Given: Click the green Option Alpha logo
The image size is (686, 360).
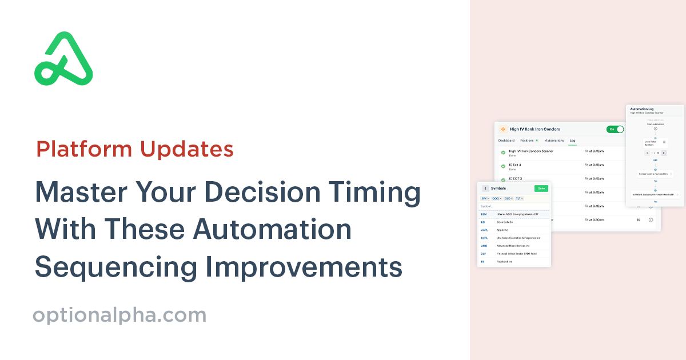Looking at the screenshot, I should click(x=63, y=59).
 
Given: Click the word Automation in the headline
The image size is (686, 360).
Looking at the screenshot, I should click(x=272, y=230).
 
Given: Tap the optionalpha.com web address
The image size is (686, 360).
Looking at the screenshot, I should click(x=119, y=315).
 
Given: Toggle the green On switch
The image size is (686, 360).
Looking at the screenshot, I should click(x=615, y=129).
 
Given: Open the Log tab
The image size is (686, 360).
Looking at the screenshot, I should click(x=572, y=140).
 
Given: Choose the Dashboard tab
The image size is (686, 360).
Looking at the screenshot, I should click(x=506, y=140).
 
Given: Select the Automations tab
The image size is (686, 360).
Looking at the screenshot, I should click(x=554, y=140).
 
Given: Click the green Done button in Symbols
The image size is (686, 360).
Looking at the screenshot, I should click(x=541, y=188).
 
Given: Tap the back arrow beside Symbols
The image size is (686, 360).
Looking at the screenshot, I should click(x=485, y=188).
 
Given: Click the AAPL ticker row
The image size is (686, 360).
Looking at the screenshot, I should click(x=484, y=230).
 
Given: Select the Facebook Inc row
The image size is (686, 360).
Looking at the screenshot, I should click(x=504, y=261).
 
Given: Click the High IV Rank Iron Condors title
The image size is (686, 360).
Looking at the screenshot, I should click(x=535, y=129).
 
